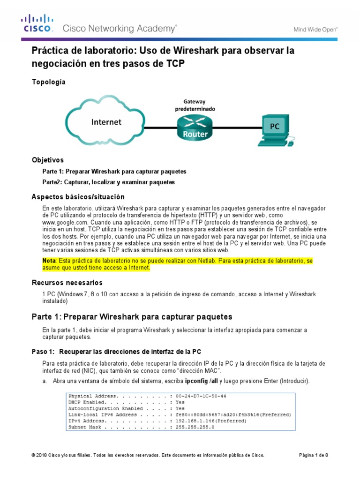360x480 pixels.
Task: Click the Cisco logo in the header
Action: pyautogui.click(x=37, y=23)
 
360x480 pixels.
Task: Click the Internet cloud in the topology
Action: pyautogui.click(x=106, y=122)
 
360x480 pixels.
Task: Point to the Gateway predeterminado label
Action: pyautogui.click(x=194, y=105)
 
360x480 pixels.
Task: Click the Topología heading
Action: pyautogui.click(x=48, y=82)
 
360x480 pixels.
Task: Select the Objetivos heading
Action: pyautogui.click(x=47, y=160)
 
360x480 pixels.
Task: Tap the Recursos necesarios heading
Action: pyautogui.click(x=67, y=283)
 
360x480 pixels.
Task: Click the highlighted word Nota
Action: pyautogui.click(x=49, y=260)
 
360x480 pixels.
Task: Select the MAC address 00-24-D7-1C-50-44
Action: pyautogui.click(x=201, y=396)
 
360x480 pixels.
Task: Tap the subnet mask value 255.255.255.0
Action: pyautogui.click(x=195, y=427)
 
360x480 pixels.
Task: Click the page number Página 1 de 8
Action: pyautogui.click(x=314, y=455)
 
